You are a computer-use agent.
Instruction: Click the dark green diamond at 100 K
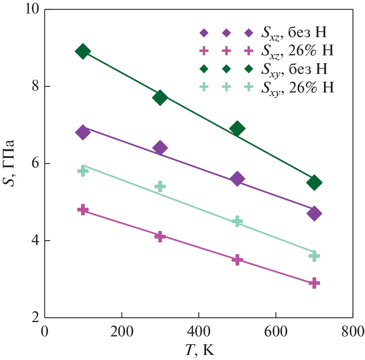(82, 51)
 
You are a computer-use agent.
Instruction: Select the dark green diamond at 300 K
(160, 98)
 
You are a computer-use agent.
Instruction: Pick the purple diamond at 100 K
(82, 132)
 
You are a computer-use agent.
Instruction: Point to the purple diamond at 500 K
(237, 179)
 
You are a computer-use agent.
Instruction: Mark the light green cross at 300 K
(160, 187)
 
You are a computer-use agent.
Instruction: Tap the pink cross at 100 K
(82, 210)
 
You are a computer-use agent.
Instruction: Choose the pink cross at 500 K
(237, 260)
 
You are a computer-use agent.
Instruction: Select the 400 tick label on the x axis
(199, 332)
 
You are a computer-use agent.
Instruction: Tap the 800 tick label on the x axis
(353, 332)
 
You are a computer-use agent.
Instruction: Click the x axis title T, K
(199, 350)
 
